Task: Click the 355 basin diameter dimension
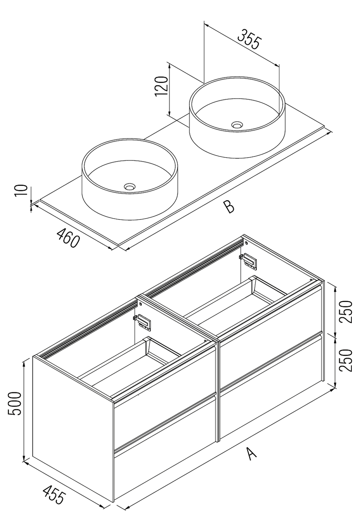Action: tap(249, 39)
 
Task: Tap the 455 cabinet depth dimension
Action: tap(53, 495)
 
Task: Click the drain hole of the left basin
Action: tap(130, 187)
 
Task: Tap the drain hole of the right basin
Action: tap(237, 125)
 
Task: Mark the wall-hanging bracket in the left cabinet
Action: tap(143, 321)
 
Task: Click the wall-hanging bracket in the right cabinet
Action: tap(248, 261)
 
